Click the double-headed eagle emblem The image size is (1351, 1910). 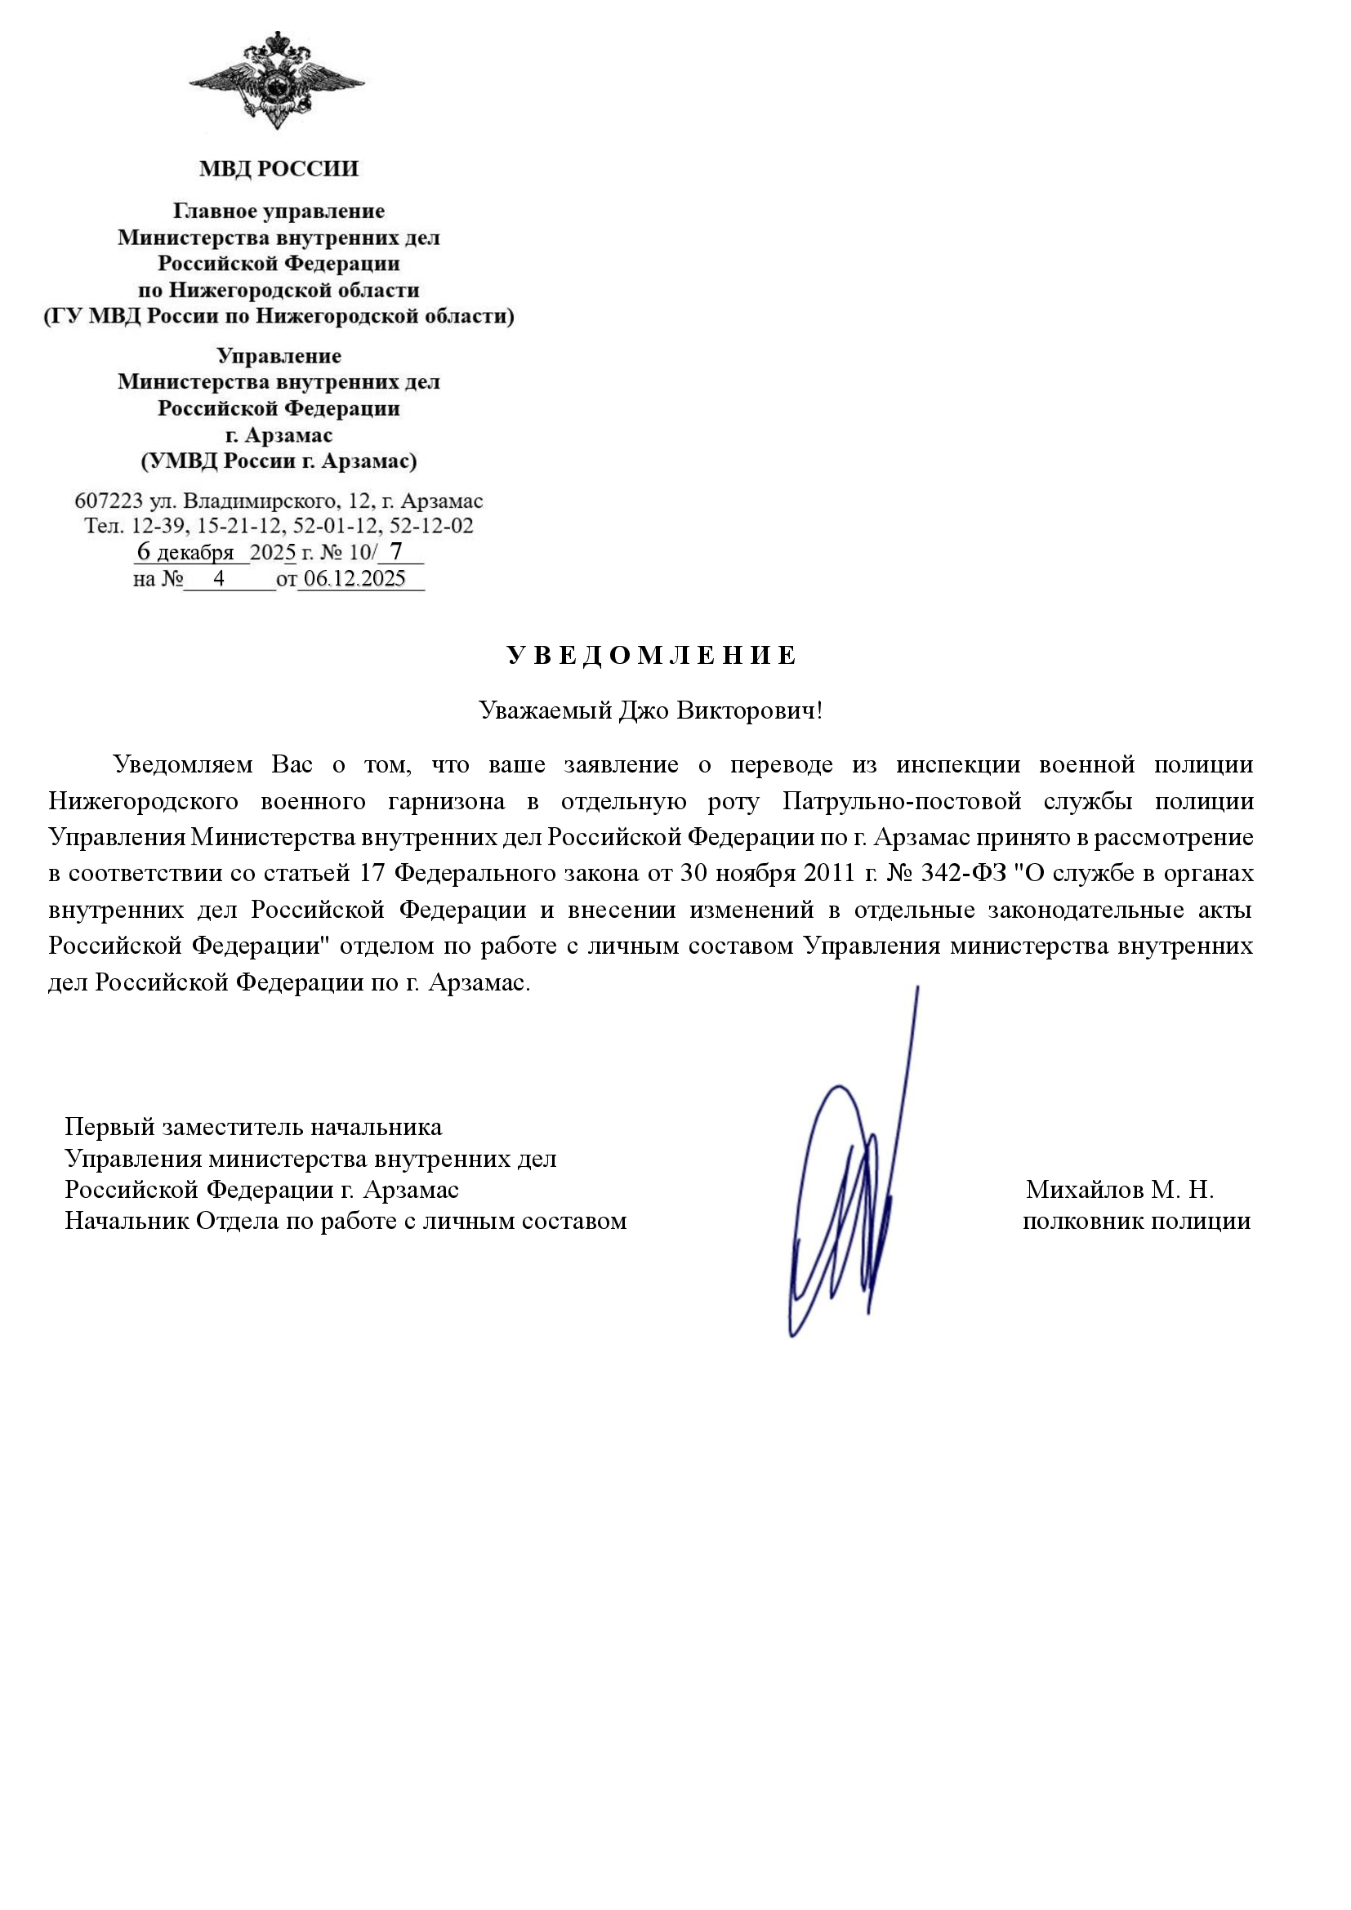coord(277,82)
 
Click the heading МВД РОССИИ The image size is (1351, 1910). coord(279,169)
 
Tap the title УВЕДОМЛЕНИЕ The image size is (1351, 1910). coord(651,656)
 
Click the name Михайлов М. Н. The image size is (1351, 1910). coord(1120,1190)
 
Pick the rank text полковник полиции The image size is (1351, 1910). coord(1136,1221)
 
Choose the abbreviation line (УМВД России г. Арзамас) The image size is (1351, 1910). coord(279,461)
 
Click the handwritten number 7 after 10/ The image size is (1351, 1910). coord(396,551)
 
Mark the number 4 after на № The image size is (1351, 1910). coord(219,579)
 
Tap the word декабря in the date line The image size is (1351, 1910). coord(195,553)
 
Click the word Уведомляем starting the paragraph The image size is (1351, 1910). coord(183,764)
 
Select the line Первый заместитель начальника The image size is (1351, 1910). coord(254,1127)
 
